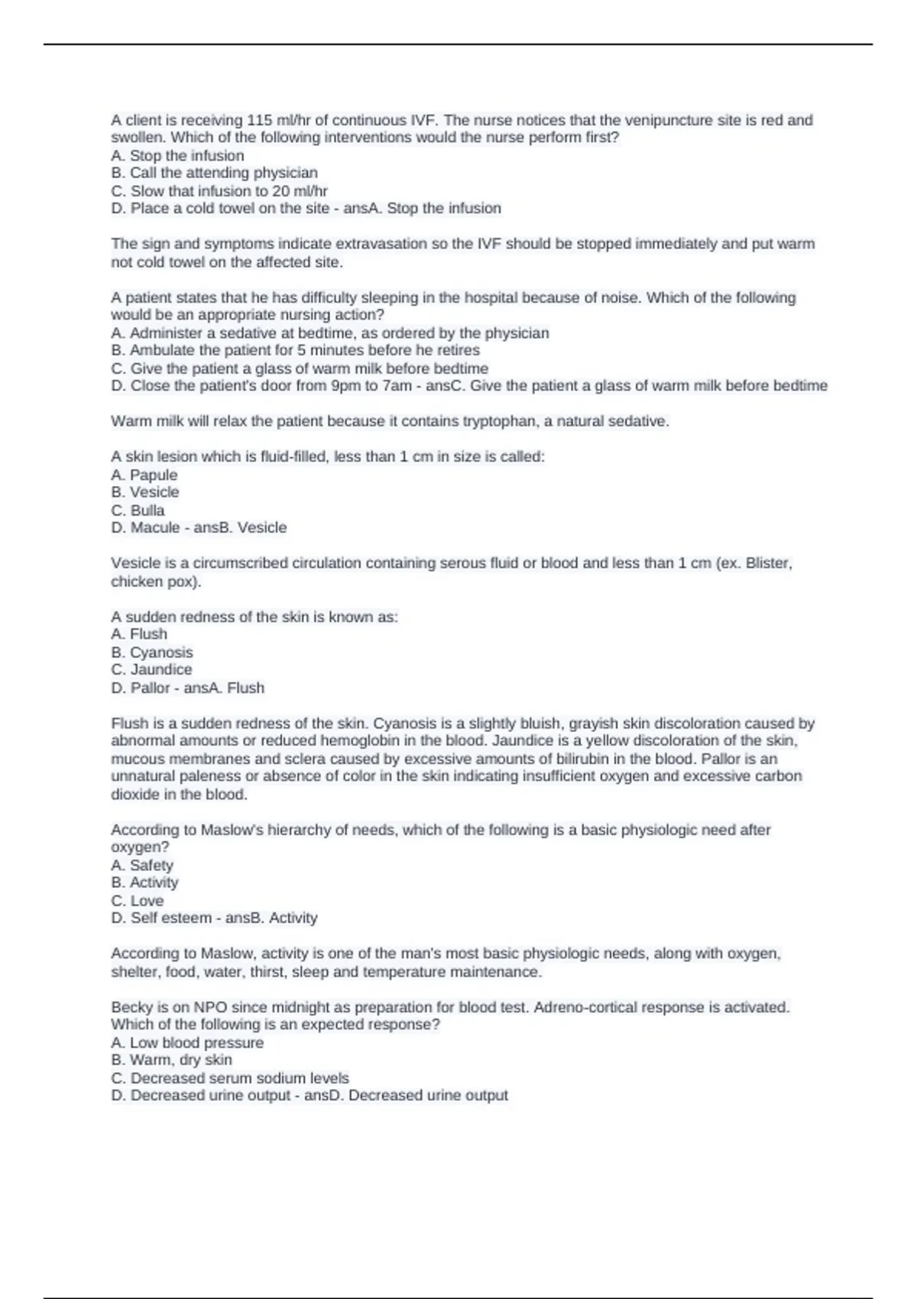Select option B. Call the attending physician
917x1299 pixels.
[x=214, y=173]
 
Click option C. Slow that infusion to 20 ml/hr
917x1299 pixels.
[x=219, y=191]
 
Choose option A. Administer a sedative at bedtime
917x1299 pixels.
[x=329, y=333]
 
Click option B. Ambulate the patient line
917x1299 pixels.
[x=295, y=350]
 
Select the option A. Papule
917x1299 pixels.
[x=144, y=475]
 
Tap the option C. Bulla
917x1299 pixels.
[x=138, y=510]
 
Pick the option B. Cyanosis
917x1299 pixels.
[x=151, y=652]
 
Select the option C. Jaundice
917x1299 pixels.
[x=151, y=669]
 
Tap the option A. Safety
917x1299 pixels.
[x=142, y=865]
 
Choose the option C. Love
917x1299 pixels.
[x=138, y=900]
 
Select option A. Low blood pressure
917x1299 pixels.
[x=187, y=1042]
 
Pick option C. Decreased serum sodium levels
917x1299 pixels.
[x=229, y=1078]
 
